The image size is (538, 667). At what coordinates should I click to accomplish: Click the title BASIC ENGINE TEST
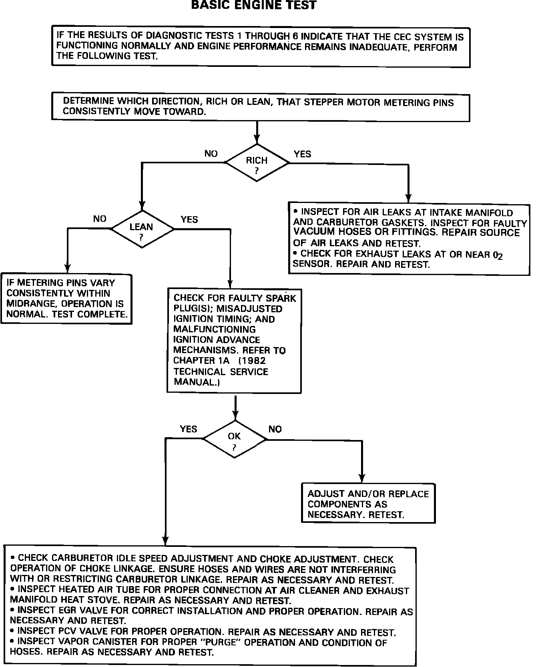(254, 5)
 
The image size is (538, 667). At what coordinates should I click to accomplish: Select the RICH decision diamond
(257, 163)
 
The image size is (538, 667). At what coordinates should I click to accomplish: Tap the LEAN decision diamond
(142, 229)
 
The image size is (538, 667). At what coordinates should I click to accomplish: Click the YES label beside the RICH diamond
(302, 154)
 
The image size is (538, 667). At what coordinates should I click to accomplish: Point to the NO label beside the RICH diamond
(211, 154)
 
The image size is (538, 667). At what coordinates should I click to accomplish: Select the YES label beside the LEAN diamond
(189, 220)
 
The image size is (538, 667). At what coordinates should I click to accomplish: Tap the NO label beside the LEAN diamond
(100, 219)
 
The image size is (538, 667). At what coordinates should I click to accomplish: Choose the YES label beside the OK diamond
(189, 429)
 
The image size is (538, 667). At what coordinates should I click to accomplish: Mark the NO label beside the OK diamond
(275, 429)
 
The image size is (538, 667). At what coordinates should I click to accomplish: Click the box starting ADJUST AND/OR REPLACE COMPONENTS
(368, 503)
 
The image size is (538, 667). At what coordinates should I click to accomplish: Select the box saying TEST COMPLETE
(66, 299)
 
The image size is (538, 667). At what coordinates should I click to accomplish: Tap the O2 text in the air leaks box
(498, 255)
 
